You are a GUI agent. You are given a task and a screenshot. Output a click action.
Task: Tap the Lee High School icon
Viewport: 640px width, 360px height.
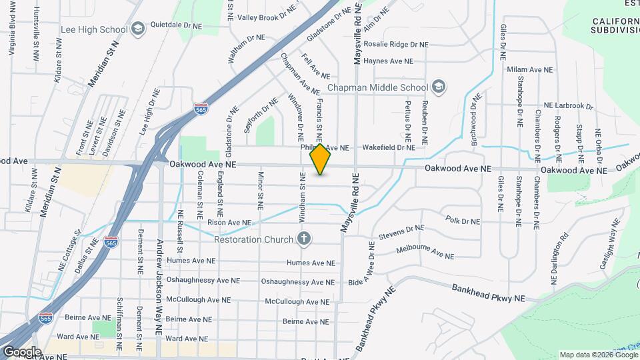coord(138,28)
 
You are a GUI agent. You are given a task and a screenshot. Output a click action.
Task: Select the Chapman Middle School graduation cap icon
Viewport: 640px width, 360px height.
coord(439,87)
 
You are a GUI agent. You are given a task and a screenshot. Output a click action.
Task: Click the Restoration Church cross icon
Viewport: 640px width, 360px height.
coord(304,239)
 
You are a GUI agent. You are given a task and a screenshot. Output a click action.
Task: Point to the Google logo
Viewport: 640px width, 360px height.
coord(21,351)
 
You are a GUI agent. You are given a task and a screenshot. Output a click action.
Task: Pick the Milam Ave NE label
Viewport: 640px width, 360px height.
coord(530,69)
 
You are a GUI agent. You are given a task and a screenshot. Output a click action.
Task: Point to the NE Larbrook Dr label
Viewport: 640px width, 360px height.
coord(568,105)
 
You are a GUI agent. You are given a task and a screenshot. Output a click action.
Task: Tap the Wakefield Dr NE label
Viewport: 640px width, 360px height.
coord(389,147)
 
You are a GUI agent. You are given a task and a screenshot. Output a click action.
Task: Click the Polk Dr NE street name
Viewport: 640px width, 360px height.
coord(462,220)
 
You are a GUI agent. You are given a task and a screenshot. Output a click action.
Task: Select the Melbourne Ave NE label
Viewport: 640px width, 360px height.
coord(425,251)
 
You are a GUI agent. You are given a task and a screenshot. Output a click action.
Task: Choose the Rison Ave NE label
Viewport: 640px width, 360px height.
coord(229,223)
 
